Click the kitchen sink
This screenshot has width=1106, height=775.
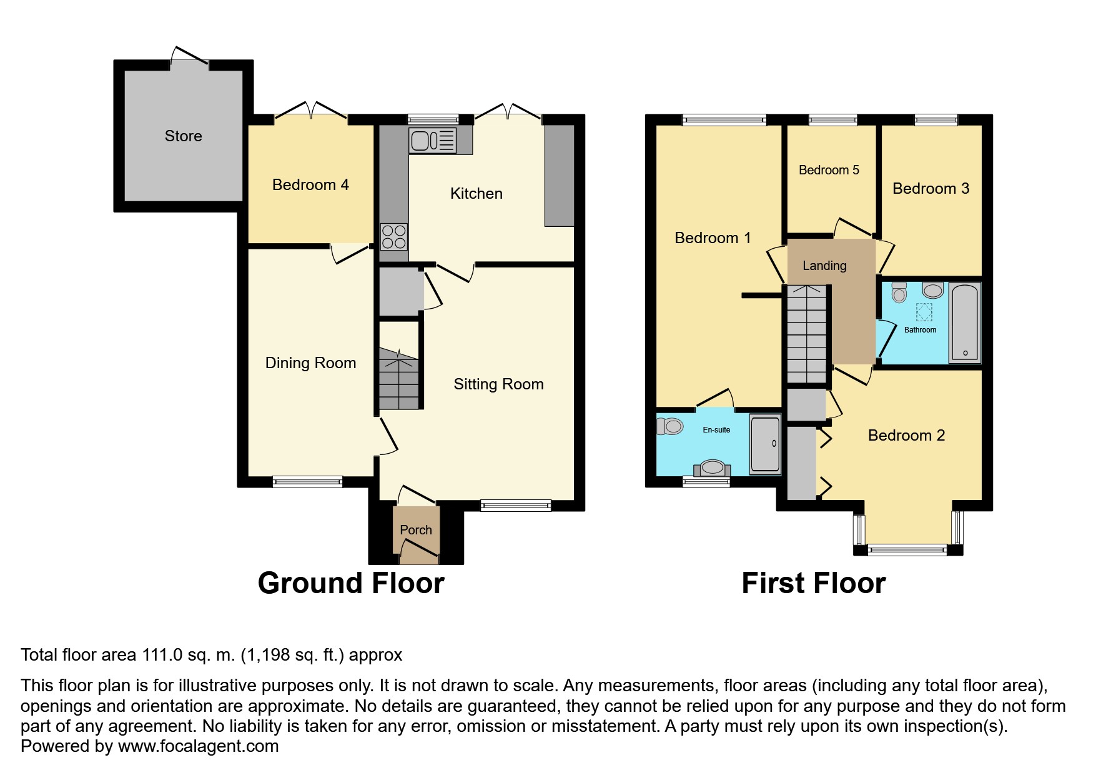tap(432, 140)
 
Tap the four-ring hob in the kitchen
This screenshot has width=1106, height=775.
tap(394, 237)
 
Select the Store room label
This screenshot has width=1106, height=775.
tap(183, 136)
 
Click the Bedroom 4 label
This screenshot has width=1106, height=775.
tap(310, 184)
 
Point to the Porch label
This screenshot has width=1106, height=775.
tap(415, 530)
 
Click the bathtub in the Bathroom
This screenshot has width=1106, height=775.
tap(965, 323)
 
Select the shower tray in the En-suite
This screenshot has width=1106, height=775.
tap(765, 444)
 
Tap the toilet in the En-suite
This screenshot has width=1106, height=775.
tap(669, 427)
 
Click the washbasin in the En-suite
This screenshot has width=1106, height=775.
tap(713, 467)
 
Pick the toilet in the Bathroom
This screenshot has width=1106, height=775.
tap(899, 292)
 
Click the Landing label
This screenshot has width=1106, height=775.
tap(824, 266)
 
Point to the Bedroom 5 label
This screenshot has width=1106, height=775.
tap(829, 170)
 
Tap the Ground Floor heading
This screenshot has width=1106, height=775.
tap(351, 583)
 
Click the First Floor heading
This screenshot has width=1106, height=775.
tap(813, 583)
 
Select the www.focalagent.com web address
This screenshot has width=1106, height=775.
tap(198, 746)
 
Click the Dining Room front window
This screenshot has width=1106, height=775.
tap(307, 481)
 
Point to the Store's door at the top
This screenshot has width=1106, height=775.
tap(190, 56)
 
